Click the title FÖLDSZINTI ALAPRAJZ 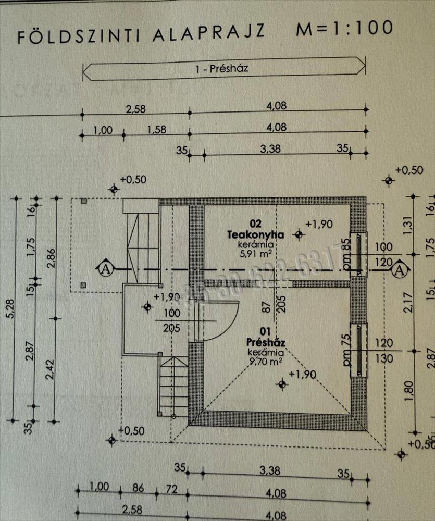click(x=141, y=35)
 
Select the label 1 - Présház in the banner click(x=224, y=68)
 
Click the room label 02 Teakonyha click(x=255, y=229)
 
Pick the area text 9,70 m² click(x=265, y=359)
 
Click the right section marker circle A click(x=400, y=269)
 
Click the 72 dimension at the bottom click(x=171, y=489)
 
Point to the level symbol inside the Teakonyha click(x=298, y=234)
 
